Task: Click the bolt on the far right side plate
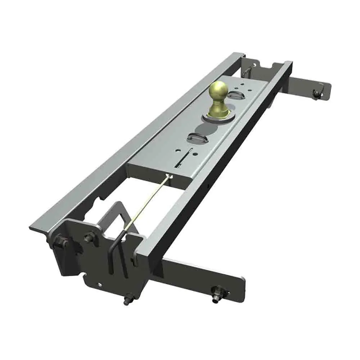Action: point(317,94)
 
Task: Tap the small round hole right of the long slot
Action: point(195,155)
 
